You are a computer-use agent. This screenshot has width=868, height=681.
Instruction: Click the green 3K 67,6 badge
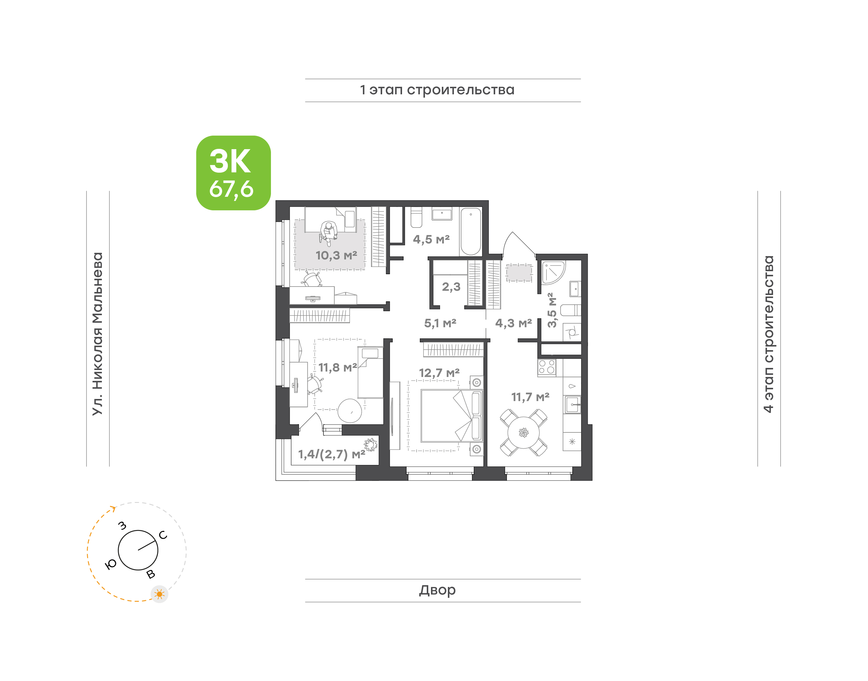click(x=233, y=173)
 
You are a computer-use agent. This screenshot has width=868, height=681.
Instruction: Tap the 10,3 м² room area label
click(x=336, y=255)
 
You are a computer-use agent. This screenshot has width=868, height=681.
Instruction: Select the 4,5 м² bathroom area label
click(x=431, y=239)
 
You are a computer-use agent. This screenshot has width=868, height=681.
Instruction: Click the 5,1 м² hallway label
click(x=440, y=323)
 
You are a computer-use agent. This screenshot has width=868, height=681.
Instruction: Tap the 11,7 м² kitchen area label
click(x=530, y=397)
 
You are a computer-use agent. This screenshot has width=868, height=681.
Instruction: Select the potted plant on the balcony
click(x=370, y=444)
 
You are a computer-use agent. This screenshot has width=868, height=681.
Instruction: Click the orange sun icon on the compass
click(x=159, y=595)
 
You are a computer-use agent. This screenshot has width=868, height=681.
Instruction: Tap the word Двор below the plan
click(x=437, y=590)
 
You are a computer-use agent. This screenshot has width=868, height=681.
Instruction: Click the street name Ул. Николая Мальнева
click(x=98, y=334)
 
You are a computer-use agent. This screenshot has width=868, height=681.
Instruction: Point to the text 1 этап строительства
click(x=437, y=90)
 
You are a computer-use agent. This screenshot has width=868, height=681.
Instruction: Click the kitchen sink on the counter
click(x=573, y=405)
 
